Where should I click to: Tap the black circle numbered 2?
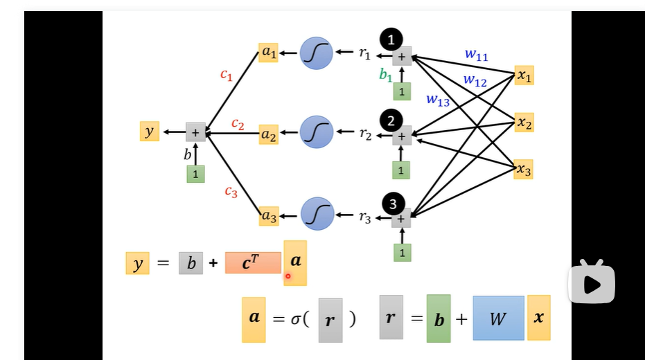[x=391, y=120]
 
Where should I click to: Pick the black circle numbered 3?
[x=394, y=204]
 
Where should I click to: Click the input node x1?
[x=524, y=75]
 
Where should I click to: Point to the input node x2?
[x=524, y=123]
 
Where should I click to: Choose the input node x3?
[x=524, y=170]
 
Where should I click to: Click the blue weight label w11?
[x=476, y=55]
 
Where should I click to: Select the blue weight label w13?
[x=438, y=100]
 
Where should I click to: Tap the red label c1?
[x=227, y=75]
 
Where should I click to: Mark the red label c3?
[x=231, y=192]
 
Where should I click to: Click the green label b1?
[x=386, y=75]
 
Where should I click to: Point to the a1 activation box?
[x=268, y=53]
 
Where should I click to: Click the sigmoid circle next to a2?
[x=317, y=132]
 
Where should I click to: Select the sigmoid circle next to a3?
[x=317, y=214]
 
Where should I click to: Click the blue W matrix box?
[x=498, y=318]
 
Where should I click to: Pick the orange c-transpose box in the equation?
[x=253, y=262]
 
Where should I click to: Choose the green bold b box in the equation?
[x=439, y=318]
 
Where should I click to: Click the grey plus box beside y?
[x=195, y=132]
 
